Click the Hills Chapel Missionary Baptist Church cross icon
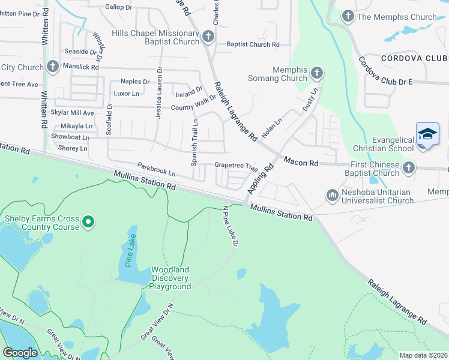coord(208,37)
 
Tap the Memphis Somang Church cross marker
coord(316,74)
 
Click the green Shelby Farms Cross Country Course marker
coord(88,223)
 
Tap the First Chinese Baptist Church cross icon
coord(409,168)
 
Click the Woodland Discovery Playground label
coord(170,278)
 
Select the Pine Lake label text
coord(129,250)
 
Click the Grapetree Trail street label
coord(236,166)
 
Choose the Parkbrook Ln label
coord(156,169)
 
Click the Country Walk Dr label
coord(193,107)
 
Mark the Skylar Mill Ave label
coord(73,113)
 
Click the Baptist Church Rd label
coord(253,44)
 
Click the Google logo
coord(20,352)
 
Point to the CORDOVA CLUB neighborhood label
coord(414,58)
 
